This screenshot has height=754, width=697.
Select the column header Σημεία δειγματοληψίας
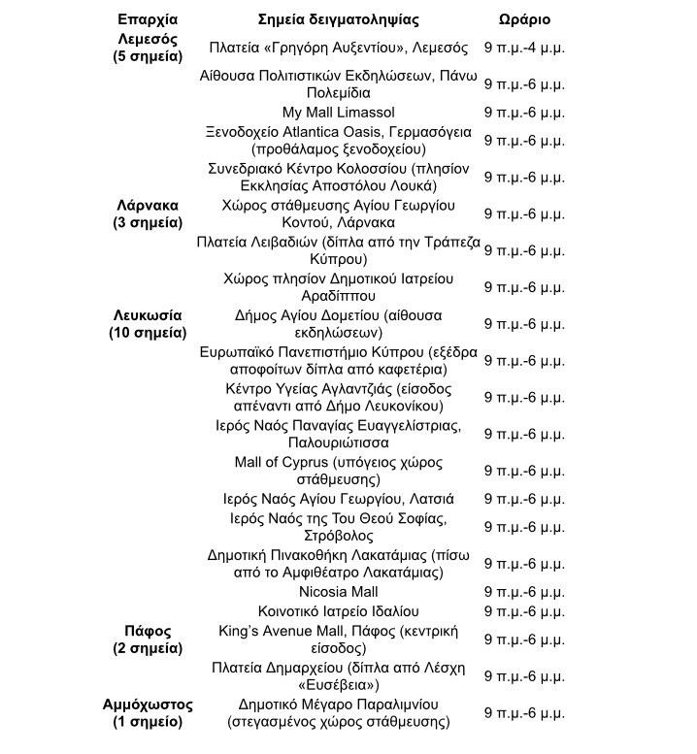339,19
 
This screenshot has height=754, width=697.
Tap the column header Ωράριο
523,19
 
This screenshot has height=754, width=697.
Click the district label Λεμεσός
147,39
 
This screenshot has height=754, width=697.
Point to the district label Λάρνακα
147,205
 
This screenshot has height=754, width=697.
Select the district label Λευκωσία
147,315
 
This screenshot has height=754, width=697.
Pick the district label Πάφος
147,631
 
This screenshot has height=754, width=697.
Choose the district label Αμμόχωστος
147,704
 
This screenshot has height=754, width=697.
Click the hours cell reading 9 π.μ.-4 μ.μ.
524,48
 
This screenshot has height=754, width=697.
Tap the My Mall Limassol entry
338,113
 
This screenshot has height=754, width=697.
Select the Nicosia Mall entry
338,592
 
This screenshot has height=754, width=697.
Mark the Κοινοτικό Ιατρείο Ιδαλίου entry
338,611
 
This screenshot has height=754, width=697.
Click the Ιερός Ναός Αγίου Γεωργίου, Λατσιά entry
338,499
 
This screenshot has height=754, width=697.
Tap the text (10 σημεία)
147,333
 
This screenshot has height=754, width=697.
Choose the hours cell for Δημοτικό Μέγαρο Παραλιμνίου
524,712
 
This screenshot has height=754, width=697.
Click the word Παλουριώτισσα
338,443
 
